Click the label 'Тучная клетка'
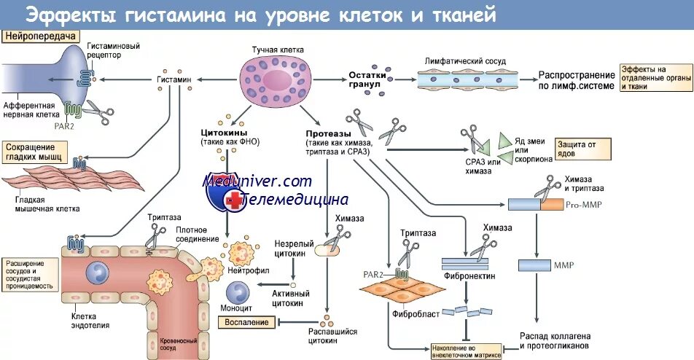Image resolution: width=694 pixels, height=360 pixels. pos(277,50)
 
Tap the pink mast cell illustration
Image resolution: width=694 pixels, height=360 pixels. pos(276,79)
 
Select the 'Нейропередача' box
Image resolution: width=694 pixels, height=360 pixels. pos(40,35)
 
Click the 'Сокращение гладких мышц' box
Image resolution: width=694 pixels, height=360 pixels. pos(35,152)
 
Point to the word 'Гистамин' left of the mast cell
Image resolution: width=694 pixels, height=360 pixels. pos(173,79)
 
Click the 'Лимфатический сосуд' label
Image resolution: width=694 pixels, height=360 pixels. pos(465,61)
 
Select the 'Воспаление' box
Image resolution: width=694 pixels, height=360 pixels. pos(246,322)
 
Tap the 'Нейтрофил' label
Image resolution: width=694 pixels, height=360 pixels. pos(249,270)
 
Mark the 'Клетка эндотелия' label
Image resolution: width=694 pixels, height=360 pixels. pos(90,321)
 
